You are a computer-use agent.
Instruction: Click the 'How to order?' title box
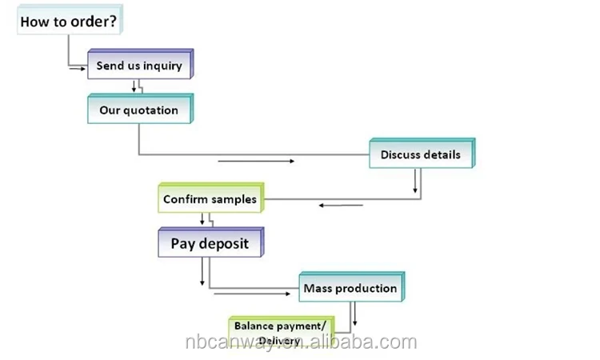69,22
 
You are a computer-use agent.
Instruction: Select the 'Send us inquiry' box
139,66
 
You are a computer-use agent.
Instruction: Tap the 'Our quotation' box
139,110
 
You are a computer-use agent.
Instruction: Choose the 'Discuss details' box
421,154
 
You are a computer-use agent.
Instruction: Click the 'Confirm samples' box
210,199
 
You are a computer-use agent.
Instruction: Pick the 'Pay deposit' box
210,243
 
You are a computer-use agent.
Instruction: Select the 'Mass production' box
350,288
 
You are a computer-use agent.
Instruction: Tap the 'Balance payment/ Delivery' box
279,333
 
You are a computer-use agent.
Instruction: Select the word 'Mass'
318,288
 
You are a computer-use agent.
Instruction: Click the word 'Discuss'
401,154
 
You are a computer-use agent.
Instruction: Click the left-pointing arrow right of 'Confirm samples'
341,206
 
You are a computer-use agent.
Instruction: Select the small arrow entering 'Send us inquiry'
78,69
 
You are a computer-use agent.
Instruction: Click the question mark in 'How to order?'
111,22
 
